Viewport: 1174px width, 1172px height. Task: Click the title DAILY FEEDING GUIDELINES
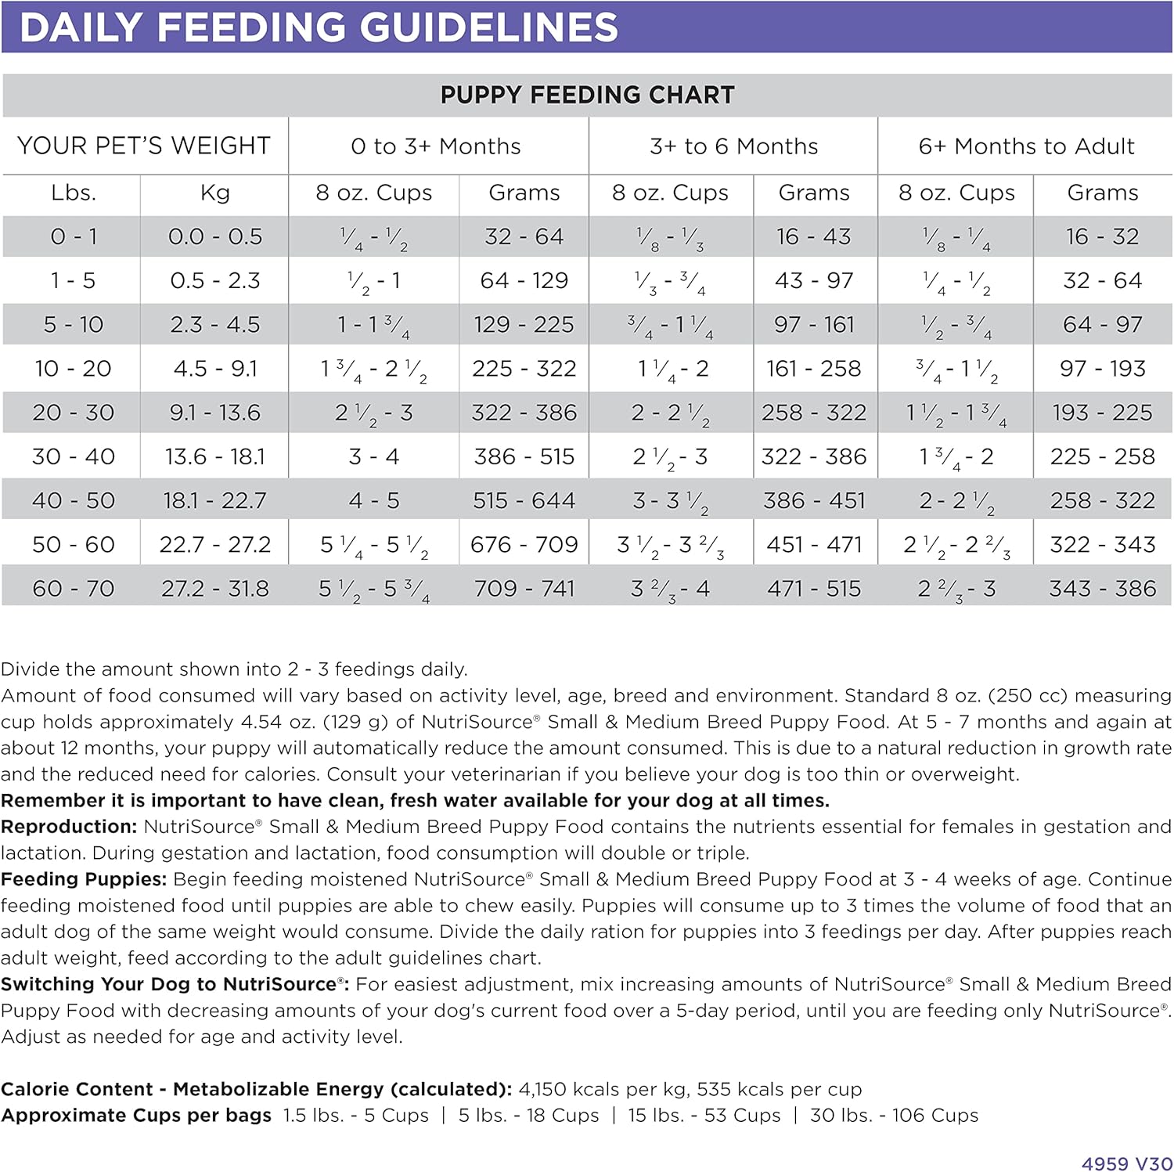(x=319, y=27)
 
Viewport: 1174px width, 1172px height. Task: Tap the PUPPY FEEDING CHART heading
(x=587, y=96)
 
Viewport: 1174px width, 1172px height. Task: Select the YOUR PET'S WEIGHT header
(x=144, y=146)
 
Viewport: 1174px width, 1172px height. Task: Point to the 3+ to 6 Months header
(x=733, y=146)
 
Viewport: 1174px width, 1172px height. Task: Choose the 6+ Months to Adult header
(x=1026, y=146)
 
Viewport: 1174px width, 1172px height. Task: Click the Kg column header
(x=214, y=193)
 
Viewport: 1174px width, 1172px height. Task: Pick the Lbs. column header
(x=74, y=193)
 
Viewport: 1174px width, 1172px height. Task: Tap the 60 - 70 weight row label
(x=74, y=588)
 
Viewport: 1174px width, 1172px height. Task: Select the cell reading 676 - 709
(x=524, y=544)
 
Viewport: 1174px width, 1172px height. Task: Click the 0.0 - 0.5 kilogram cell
(x=215, y=236)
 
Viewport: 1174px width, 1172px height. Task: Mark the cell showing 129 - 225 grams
(x=524, y=324)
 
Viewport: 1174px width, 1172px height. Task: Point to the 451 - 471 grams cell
(x=814, y=544)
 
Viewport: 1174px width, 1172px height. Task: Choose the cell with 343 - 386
(x=1102, y=588)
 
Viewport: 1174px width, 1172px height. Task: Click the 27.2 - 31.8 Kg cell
(x=215, y=588)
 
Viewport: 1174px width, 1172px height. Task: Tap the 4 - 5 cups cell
(x=374, y=500)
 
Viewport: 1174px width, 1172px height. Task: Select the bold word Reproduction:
(x=69, y=827)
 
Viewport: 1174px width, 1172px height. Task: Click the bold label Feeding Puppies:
(x=84, y=879)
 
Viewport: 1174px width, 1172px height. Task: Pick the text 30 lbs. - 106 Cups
(x=894, y=1115)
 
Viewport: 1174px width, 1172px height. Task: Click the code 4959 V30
(x=1126, y=1163)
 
